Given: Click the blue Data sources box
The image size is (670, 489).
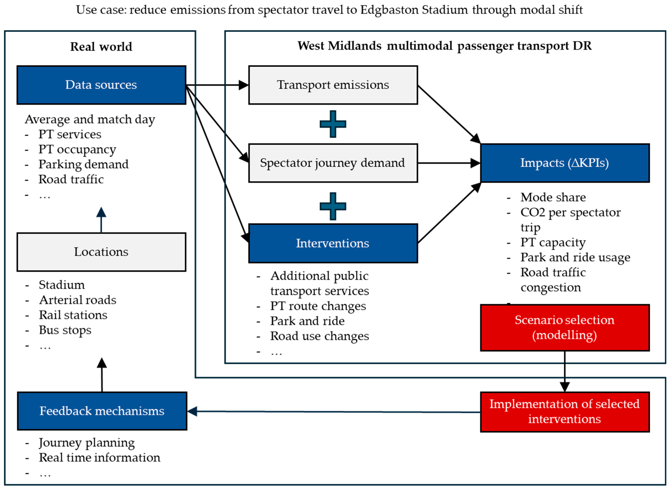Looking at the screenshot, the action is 101,85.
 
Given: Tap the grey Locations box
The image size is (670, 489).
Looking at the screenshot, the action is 101,252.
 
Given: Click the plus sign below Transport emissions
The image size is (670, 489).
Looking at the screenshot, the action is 333,124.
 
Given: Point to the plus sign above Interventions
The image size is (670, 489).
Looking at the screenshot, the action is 333,206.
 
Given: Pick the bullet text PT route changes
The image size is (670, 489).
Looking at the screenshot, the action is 318,306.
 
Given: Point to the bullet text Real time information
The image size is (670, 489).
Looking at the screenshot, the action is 100,458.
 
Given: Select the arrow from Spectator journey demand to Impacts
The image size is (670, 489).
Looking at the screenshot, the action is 449,163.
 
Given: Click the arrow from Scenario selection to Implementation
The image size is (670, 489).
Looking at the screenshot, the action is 565,372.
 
